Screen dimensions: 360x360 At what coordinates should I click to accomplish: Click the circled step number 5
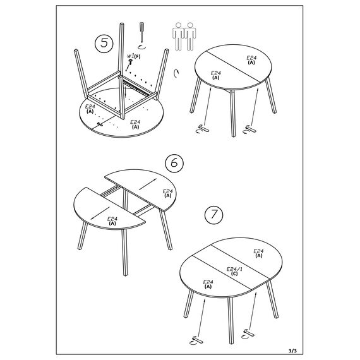click(104, 43)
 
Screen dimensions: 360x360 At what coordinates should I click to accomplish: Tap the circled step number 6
click(174, 163)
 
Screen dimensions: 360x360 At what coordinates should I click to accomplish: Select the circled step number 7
click(213, 215)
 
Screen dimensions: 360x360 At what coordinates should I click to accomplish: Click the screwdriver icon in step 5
click(141, 32)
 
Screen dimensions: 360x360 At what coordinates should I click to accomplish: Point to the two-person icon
click(184, 36)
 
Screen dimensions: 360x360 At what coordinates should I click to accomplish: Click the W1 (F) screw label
click(134, 56)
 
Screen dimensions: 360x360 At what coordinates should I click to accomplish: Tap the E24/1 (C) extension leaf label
click(234, 271)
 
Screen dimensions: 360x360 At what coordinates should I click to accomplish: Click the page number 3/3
click(292, 351)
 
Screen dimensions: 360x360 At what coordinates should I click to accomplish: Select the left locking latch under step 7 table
click(197, 340)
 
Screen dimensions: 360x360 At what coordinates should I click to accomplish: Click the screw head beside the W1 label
click(131, 61)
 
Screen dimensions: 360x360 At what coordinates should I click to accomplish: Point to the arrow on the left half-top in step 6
click(100, 213)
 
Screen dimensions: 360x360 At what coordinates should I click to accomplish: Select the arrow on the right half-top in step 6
click(148, 184)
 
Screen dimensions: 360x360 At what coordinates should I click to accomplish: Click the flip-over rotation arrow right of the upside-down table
click(176, 73)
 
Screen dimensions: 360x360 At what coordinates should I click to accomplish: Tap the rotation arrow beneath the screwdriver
click(141, 47)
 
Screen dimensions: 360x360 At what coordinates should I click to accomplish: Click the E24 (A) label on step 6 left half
click(112, 221)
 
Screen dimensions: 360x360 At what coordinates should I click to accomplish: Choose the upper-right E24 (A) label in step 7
click(258, 253)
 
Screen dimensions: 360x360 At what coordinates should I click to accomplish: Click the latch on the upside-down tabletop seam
click(100, 124)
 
